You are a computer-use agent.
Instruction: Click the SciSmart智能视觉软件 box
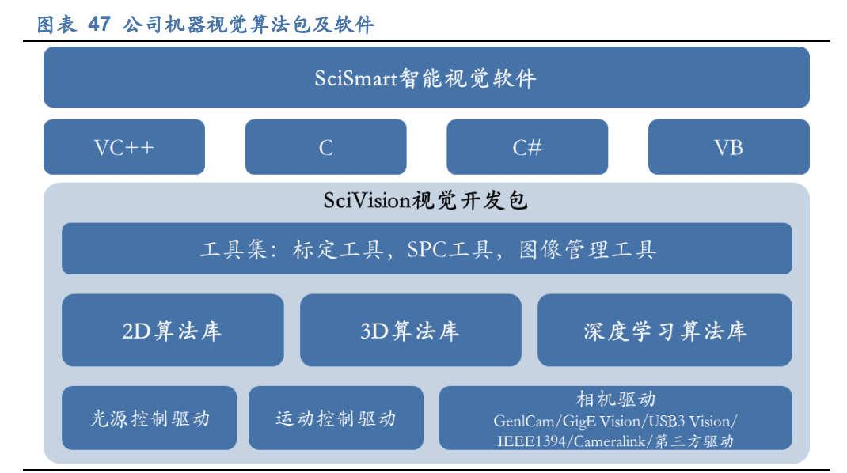(x=426, y=78)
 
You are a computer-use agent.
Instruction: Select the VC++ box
(x=124, y=147)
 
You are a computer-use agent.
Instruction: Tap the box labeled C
(x=325, y=147)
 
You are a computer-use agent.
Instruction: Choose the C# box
(x=527, y=147)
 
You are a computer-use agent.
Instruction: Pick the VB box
(x=728, y=147)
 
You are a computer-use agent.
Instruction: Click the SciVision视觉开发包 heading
(x=426, y=201)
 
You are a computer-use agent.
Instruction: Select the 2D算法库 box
(x=173, y=331)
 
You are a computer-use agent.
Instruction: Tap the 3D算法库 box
(x=410, y=331)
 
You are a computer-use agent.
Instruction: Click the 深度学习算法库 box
(x=664, y=331)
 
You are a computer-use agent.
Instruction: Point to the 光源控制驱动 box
(x=149, y=418)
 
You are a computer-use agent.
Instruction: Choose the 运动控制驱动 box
(x=336, y=418)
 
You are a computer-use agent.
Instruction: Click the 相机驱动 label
(x=615, y=399)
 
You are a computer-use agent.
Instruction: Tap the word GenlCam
(x=525, y=421)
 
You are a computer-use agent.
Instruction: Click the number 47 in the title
(x=99, y=25)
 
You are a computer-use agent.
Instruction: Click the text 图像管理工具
(x=588, y=250)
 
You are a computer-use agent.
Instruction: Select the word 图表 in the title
(x=57, y=25)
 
